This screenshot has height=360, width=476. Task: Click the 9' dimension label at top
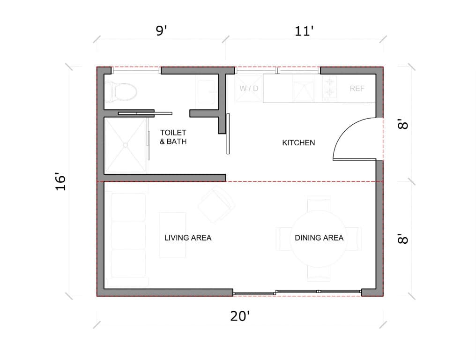[161, 32]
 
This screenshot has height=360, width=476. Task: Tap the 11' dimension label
[304, 32]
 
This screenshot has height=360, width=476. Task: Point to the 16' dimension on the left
[60, 182]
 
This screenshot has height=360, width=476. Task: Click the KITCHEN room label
[298, 142]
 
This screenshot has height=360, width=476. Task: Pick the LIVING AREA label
[188, 238]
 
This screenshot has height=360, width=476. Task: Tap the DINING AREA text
[319, 238]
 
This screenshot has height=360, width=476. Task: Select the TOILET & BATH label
[173, 137]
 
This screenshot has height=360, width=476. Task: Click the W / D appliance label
[249, 88]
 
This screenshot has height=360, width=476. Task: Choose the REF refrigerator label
[357, 88]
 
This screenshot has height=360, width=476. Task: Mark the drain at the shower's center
[126, 145]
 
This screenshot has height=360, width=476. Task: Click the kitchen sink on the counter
[304, 89]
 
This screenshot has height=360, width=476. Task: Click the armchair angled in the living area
[216, 204]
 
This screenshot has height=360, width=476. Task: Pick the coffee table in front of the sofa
[172, 234]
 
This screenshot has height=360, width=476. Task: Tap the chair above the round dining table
[319, 204]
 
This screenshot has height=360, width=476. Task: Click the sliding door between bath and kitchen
[228, 134]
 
